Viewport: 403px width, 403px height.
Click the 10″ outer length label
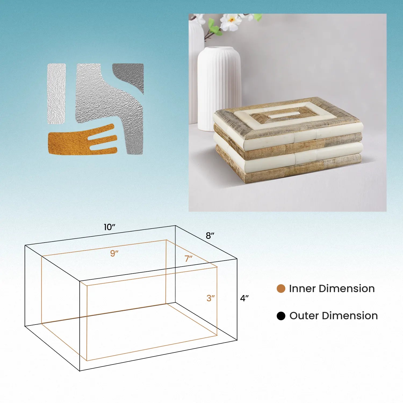point(109,227)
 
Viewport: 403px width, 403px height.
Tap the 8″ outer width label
point(210,236)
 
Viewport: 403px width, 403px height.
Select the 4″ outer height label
point(244,298)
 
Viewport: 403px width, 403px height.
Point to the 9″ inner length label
point(114,253)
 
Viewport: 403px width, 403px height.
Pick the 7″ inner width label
point(188,258)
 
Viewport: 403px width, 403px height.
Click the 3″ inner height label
point(211,298)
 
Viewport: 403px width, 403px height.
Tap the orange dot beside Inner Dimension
point(281,289)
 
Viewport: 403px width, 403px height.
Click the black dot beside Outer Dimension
point(281,316)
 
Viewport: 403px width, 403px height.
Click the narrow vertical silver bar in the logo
point(57,94)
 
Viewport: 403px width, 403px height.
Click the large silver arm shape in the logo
point(110,107)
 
